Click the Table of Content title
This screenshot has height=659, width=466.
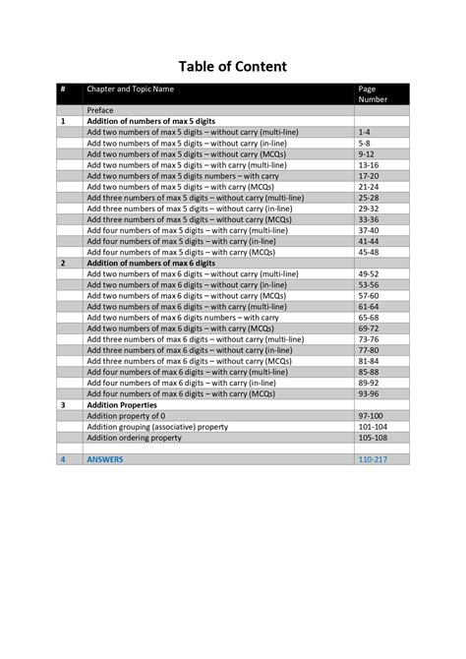[232, 67]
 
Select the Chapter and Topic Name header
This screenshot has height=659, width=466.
[130, 90]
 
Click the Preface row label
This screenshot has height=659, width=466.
[101, 110]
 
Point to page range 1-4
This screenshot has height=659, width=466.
[365, 131]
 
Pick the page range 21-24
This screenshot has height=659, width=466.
[369, 186]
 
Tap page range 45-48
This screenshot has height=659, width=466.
[369, 252]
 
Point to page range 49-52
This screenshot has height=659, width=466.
[369, 274]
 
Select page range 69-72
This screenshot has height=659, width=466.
[369, 329]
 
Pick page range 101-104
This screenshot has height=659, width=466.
[373, 427]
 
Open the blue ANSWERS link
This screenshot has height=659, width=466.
[105, 459]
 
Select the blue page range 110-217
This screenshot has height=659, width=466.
[373, 459]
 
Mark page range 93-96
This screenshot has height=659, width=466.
[369, 394]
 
